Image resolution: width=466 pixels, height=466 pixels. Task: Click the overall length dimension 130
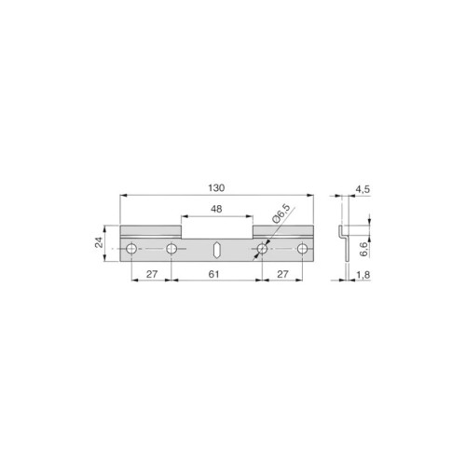216,188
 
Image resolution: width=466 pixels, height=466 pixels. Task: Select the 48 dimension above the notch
216,209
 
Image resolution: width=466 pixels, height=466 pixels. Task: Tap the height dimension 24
99,242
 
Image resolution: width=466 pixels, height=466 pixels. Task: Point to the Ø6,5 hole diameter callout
281,214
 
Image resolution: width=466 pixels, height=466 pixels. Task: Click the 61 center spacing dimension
213,274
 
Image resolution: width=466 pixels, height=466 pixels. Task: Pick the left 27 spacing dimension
152,274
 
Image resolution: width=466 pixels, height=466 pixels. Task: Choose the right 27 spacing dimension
282,274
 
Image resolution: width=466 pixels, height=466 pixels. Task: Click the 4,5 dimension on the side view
363,189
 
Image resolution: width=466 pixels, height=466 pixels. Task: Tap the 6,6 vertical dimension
363,249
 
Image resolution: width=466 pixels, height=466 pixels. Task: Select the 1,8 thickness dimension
363,275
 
